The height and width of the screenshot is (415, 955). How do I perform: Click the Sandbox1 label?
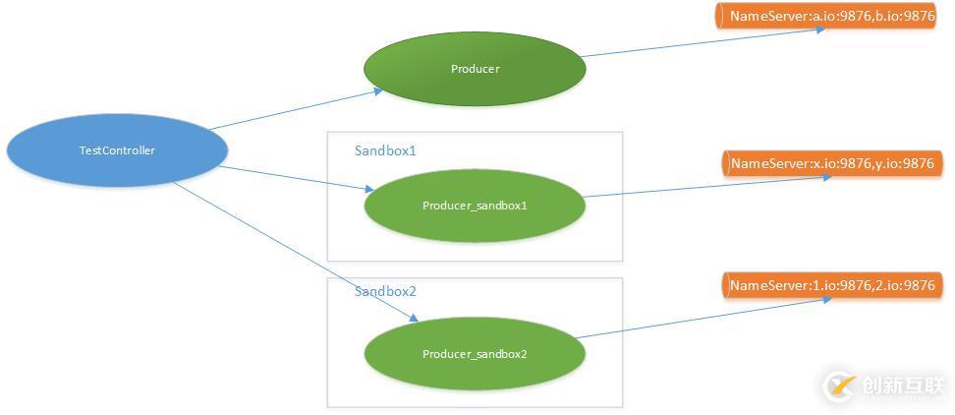point(385,151)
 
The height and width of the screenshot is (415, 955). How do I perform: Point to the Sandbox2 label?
point(385,292)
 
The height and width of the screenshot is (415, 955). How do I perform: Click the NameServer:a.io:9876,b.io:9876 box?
point(831,17)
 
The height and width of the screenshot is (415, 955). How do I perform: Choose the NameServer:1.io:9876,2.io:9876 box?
point(831,286)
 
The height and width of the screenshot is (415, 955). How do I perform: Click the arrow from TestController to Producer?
point(295,110)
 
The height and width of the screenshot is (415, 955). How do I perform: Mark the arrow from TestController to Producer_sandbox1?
point(295,177)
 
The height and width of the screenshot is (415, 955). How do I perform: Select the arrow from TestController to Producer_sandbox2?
point(295,251)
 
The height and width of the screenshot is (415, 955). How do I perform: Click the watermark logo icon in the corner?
point(838,385)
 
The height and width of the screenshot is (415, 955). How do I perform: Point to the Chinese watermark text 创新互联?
point(903,385)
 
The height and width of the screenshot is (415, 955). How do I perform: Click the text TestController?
point(117,150)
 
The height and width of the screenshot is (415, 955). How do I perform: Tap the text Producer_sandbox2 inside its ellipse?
point(475,354)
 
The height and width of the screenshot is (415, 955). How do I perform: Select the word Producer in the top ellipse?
point(475,69)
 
